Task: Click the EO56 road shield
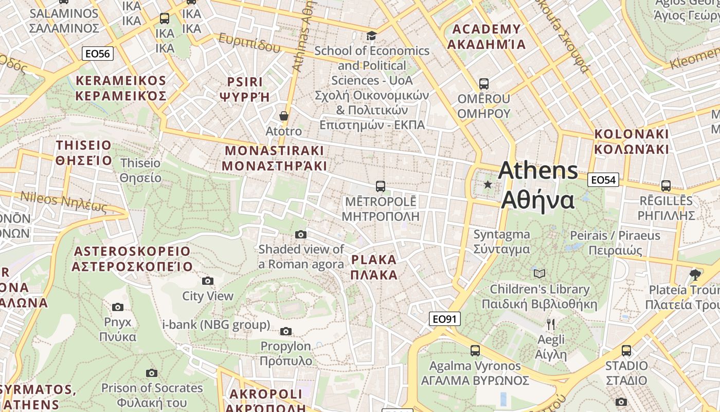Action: click(x=98, y=53)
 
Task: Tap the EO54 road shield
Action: click(x=603, y=180)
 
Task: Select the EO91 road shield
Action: click(x=444, y=319)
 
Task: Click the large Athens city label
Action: click(x=538, y=185)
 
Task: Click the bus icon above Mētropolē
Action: click(x=381, y=186)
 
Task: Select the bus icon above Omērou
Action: click(x=483, y=83)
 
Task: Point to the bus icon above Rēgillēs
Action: click(x=666, y=186)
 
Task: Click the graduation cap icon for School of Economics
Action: click(x=371, y=36)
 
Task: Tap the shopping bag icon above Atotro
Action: click(x=283, y=116)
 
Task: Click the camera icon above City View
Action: click(x=208, y=281)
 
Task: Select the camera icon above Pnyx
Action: click(x=118, y=307)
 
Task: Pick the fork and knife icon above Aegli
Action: click(x=551, y=324)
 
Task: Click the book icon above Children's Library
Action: click(x=539, y=273)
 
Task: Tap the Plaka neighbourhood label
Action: click(x=374, y=267)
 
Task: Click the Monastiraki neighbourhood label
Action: click(x=274, y=158)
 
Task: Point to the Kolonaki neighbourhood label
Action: click(x=632, y=142)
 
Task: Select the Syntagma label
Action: click(x=501, y=242)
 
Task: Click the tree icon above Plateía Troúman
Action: click(x=695, y=274)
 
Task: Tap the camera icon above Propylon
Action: click(x=286, y=331)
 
